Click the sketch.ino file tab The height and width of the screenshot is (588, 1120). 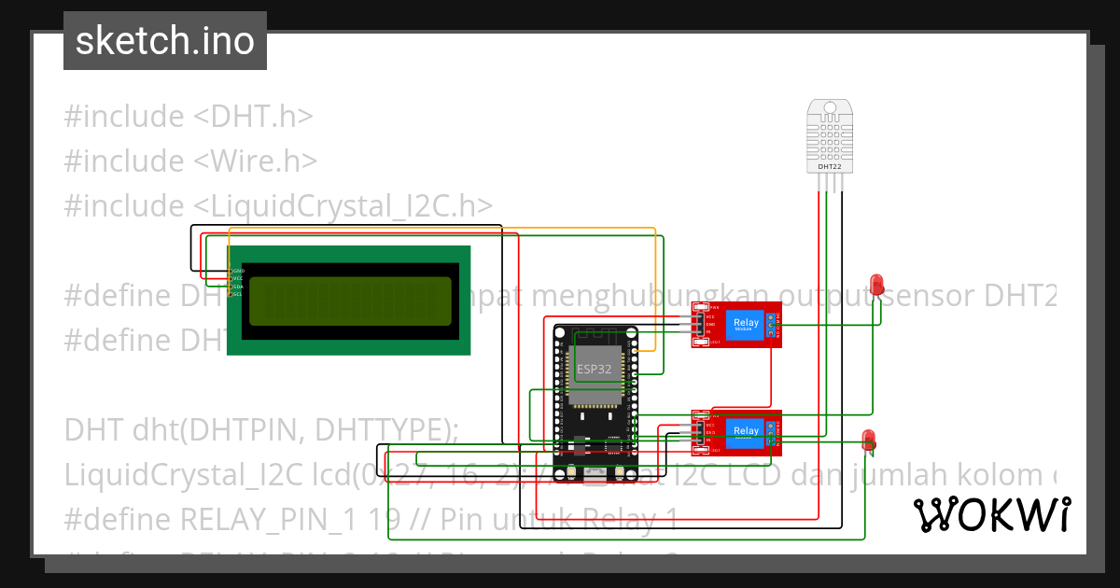(x=164, y=41)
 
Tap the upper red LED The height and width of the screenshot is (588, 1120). (x=876, y=283)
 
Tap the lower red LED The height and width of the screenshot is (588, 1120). (x=868, y=438)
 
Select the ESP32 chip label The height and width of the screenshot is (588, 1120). (x=595, y=369)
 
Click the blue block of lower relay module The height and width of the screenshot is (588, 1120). (x=746, y=430)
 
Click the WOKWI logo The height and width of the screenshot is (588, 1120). (x=991, y=514)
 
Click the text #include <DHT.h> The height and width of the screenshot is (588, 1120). (x=188, y=117)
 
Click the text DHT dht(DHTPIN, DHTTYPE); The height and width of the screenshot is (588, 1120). (x=261, y=430)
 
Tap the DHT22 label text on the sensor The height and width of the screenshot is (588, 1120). (x=830, y=166)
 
